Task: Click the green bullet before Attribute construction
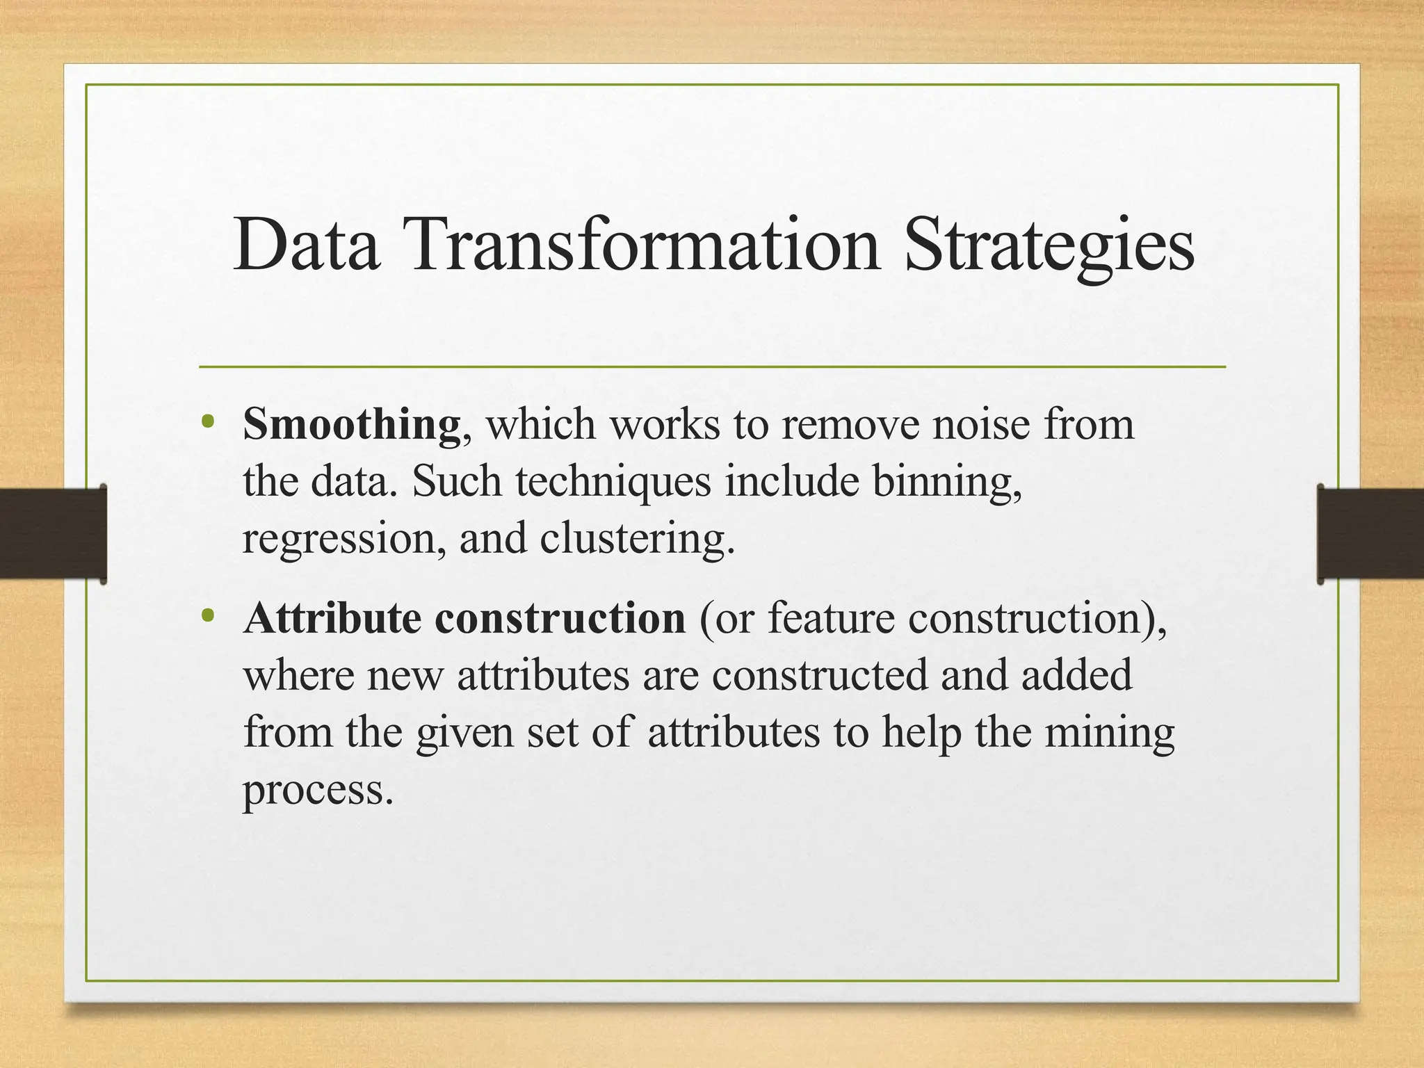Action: [207, 615]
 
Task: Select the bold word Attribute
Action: [332, 617]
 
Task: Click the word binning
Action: [947, 483]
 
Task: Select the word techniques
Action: [613, 481]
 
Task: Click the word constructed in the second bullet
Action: [820, 674]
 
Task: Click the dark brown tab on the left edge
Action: [52, 534]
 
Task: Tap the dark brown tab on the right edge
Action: [1371, 534]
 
